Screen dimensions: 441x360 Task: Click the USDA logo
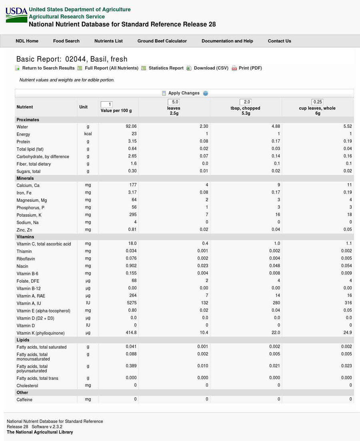coord(16,15)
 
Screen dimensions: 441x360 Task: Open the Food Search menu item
coord(66,41)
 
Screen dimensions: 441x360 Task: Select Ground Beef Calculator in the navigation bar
coord(162,41)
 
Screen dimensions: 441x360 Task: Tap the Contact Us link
coord(279,41)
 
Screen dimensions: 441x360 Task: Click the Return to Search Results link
coord(48,68)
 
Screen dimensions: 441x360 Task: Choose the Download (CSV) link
coord(211,68)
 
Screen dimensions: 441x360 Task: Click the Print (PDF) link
coord(250,68)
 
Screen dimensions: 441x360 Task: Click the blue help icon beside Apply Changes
coord(206,93)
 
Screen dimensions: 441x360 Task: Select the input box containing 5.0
coord(174,102)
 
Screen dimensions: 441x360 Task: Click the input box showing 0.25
coord(318,102)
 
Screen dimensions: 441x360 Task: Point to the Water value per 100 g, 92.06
coord(131,126)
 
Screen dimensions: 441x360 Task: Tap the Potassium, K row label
coord(29,215)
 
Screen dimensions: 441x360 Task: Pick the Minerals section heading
coord(25,178)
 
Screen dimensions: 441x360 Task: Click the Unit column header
coord(83,107)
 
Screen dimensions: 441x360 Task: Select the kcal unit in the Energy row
coord(88,134)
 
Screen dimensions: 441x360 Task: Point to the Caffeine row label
coord(24,400)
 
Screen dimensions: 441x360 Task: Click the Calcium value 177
coord(133,185)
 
